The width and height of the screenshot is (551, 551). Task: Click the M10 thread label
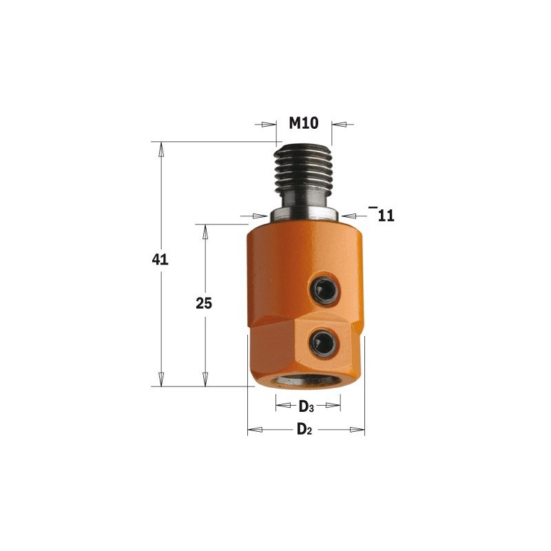coord(304,123)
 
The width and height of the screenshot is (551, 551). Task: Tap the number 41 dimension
coord(160,260)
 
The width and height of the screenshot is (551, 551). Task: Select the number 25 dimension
coord(204,303)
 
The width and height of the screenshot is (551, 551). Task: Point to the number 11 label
coord(386,216)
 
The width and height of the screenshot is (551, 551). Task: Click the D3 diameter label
coord(306,407)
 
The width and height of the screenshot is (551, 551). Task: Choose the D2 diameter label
coord(304,429)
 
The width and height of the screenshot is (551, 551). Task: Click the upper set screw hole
coord(324,290)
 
